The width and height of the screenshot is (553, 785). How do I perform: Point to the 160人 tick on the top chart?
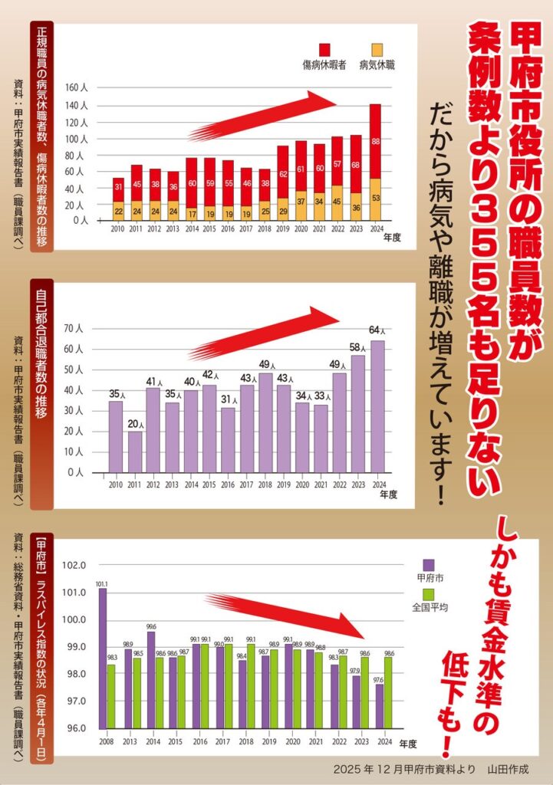click(79, 87)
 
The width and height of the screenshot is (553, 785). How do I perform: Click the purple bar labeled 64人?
click(377, 406)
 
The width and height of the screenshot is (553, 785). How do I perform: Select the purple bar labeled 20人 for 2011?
click(134, 452)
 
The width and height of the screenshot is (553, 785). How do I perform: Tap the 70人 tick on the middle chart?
click(80, 329)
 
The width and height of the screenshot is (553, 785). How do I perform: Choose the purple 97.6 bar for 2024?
click(380, 705)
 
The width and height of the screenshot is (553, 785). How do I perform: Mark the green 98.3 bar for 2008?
click(112, 696)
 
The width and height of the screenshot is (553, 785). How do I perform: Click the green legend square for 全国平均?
click(428, 594)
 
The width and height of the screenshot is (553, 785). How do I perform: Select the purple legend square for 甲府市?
click(428, 565)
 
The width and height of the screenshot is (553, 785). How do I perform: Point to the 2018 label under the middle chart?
click(265, 485)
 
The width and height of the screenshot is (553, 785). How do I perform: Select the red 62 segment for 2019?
click(282, 174)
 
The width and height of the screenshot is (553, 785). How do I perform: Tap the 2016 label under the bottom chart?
click(199, 742)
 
